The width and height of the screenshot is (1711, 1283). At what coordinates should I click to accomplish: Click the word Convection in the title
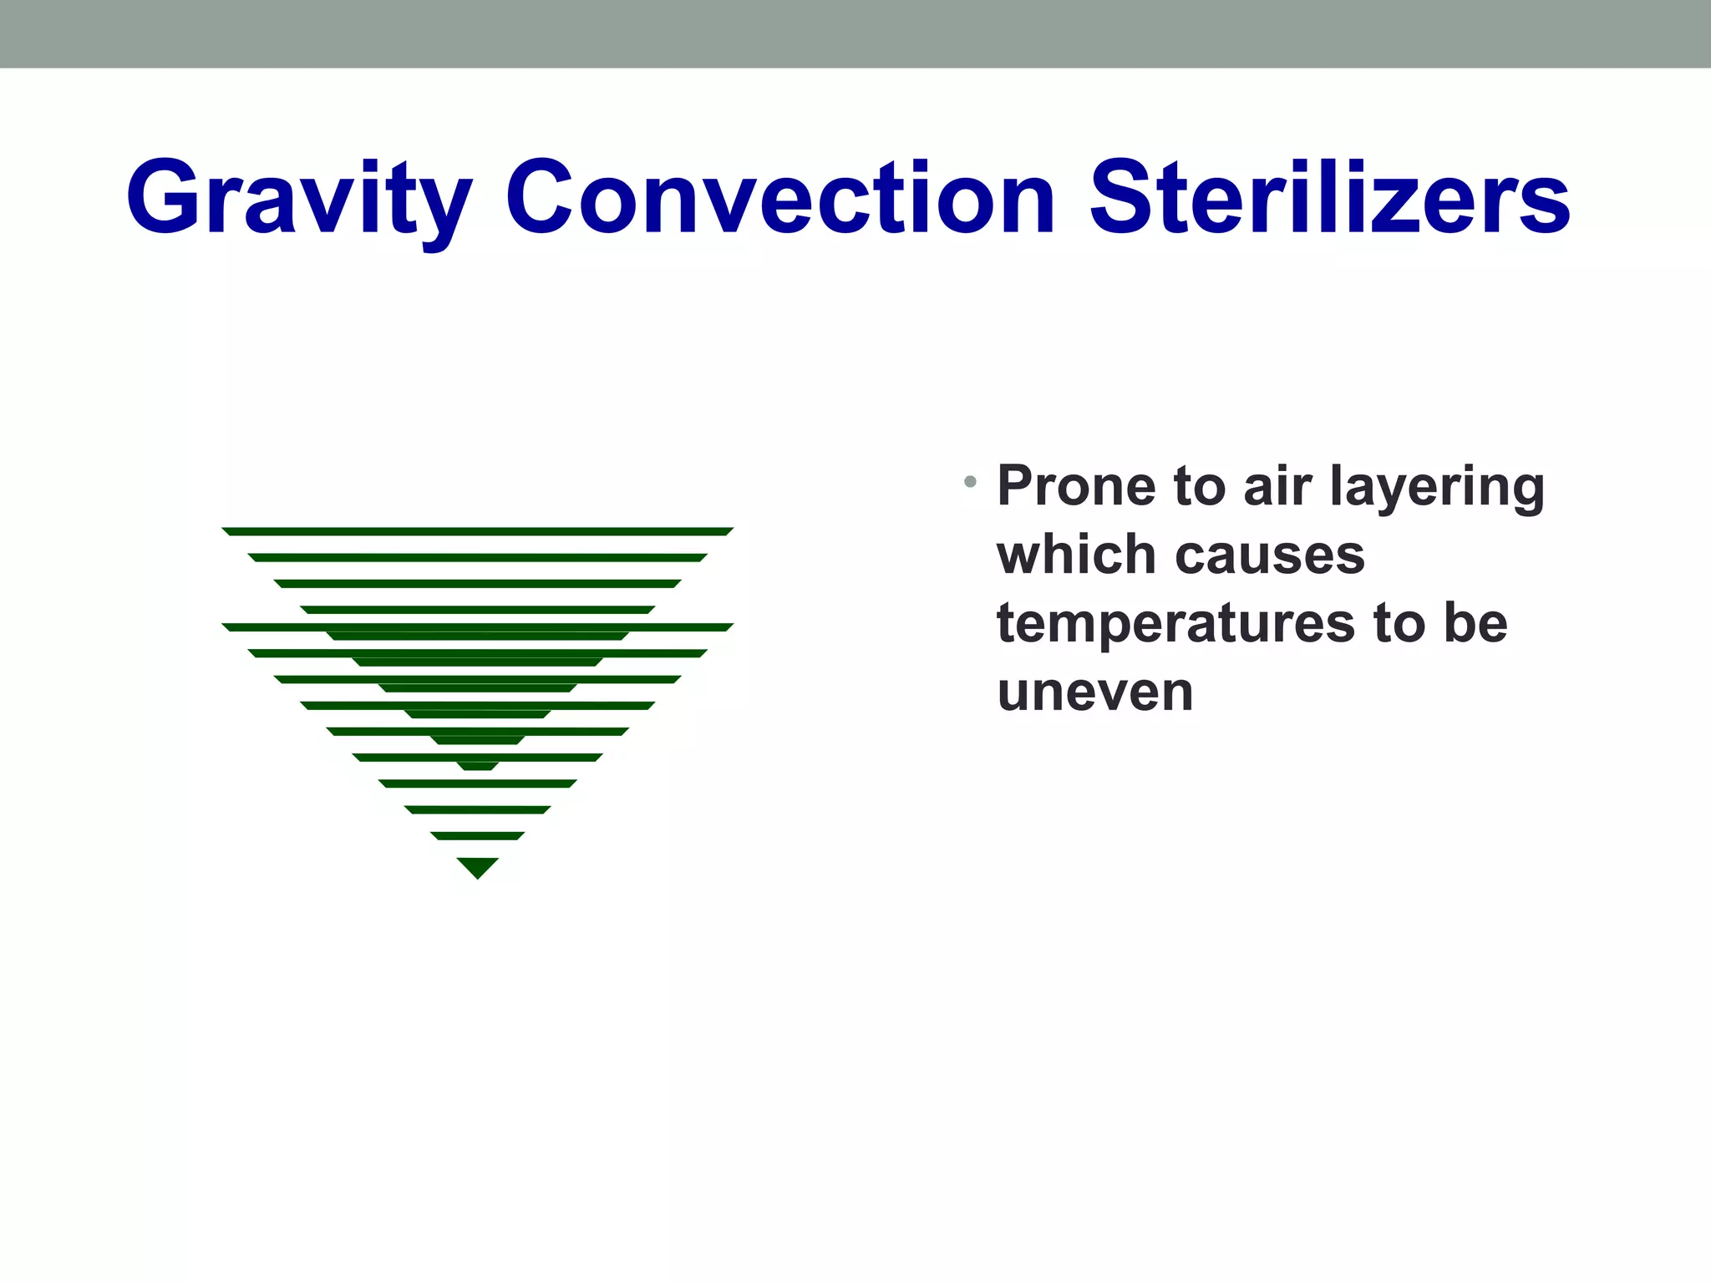(780, 198)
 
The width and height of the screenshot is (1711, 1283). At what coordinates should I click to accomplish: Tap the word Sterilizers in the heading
(1330, 198)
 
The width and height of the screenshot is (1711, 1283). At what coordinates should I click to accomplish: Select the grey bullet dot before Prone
(970, 481)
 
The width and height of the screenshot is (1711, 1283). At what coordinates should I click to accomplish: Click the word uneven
(1095, 693)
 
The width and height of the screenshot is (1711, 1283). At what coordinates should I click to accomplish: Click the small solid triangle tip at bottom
(478, 866)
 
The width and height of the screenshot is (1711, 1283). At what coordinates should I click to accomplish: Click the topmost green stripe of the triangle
(478, 531)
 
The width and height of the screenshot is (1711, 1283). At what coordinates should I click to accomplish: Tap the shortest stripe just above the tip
(478, 836)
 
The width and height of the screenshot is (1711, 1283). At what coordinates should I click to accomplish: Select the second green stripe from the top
(478, 557)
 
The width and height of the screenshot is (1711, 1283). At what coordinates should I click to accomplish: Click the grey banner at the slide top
(855, 33)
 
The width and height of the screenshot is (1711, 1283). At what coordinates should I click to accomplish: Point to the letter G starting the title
(162, 198)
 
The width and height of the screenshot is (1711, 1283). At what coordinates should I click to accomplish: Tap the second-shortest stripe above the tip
(478, 810)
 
